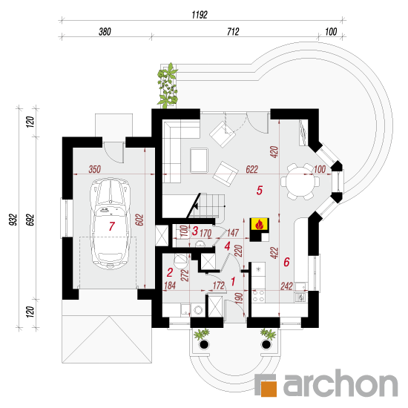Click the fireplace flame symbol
pyautogui.click(x=259, y=225)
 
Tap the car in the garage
pyautogui.click(x=110, y=223)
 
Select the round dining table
pyautogui.click(x=300, y=182)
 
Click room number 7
pyautogui.click(x=112, y=226)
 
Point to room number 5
pyautogui.click(x=260, y=190)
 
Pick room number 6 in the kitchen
pyautogui.click(x=286, y=262)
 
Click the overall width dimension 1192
pyautogui.click(x=200, y=15)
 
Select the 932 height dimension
pyautogui.click(x=13, y=220)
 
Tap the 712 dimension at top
pyautogui.click(x=233, y=31)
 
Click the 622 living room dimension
pyautogui.click(x=252, y=169)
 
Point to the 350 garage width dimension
pyautogui.click(x=94, y=169)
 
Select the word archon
pyautogui.click(x=340, y=384)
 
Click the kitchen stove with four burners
pyautogui.click(x=258, y=296)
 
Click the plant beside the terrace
pyautogui.click(x=168, y=85)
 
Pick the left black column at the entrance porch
pyautogui.click(x=204, y=345)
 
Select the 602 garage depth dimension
pyautogui.click(x=139, y=220)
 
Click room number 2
pyautogui.click(x=170, y=272)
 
